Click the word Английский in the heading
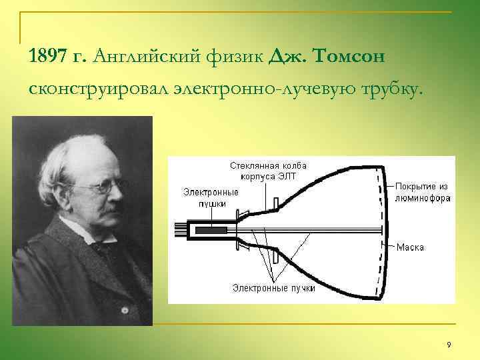coord(142,57)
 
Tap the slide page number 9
coord(449,344)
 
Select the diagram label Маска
coord(410,247)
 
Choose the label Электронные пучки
coord(273,288)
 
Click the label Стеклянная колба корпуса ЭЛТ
coord(268,171)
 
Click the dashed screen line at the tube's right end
coord(381,230)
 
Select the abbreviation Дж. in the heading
coord(280,57)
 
